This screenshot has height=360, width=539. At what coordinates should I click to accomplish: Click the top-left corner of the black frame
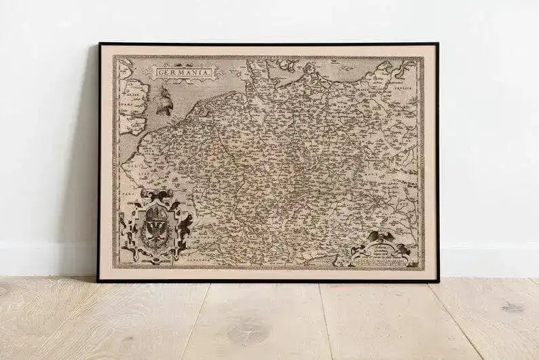(99, 44)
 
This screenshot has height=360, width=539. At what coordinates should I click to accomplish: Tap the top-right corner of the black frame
(437, 44)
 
